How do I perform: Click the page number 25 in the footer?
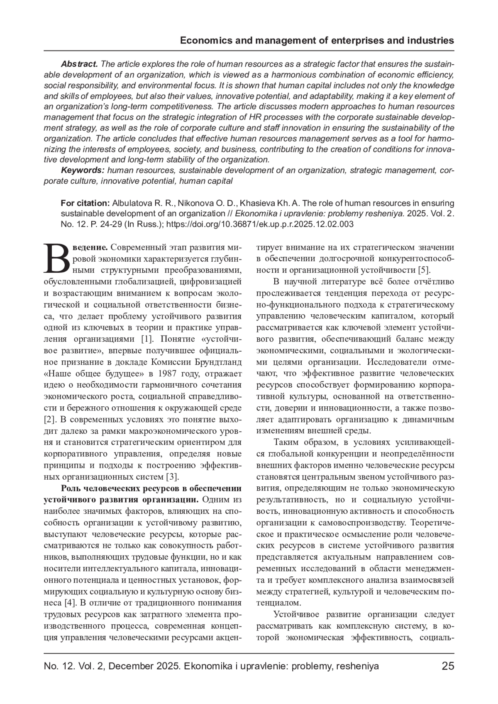[x=448, y=666]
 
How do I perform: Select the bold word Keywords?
[x=83, y=170]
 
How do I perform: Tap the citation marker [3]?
[x=172, y=476]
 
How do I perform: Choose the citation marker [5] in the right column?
[x=423, y=270]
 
